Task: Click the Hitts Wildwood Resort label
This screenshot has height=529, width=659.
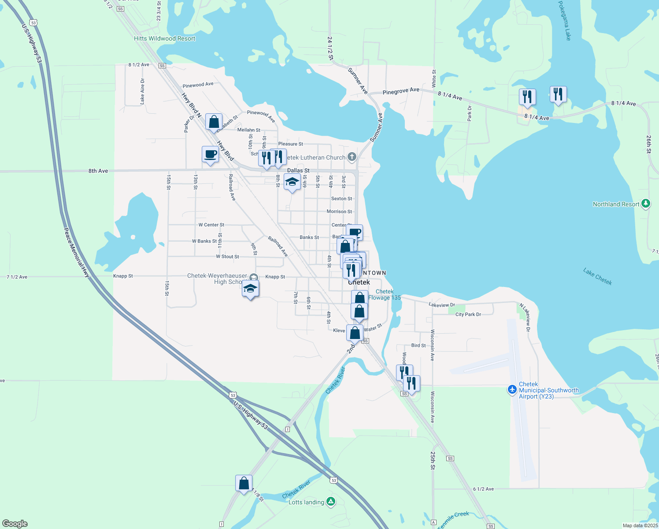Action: (164, 38)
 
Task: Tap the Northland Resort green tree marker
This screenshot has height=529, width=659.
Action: (646, 204)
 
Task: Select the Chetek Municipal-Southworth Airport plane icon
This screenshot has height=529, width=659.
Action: (512, 390)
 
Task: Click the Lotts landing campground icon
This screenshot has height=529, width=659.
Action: (331, 502)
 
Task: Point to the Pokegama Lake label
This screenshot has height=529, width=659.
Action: (564, 21)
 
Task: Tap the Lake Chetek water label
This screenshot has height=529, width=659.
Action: (597, 276)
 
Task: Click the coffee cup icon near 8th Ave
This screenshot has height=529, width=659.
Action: (210, 155)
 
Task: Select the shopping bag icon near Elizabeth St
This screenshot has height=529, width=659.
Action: (214, 122)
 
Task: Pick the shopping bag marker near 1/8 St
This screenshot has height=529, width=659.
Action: (244, 484)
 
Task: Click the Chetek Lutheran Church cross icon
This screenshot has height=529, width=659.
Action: (352, 156)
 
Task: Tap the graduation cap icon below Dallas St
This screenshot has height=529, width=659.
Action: (292, 182)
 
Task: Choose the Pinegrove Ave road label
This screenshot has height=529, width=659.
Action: (401, 91)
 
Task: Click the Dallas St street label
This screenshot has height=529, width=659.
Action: (298, 170)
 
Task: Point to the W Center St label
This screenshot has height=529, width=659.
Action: (211, 225)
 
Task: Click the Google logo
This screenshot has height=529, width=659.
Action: (15, 524)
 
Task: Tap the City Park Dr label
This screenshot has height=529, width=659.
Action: (468, 314)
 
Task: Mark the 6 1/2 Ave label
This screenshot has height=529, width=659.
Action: (483, 489)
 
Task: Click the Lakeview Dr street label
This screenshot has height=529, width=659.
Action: (442, 305)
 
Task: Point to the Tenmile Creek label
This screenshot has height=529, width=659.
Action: (454, 520)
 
